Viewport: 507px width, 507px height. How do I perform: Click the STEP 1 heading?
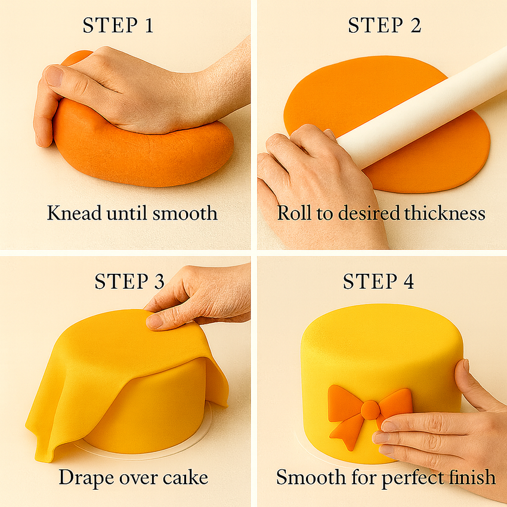click(x=118, y=26)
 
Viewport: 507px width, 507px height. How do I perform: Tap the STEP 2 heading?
click(x=385, y=26)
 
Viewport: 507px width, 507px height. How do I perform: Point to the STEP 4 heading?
click(x=378, y=282)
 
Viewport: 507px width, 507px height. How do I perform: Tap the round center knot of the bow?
click(x=370, y=409)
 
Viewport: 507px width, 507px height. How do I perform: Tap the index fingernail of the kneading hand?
click(x=54, y=76)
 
